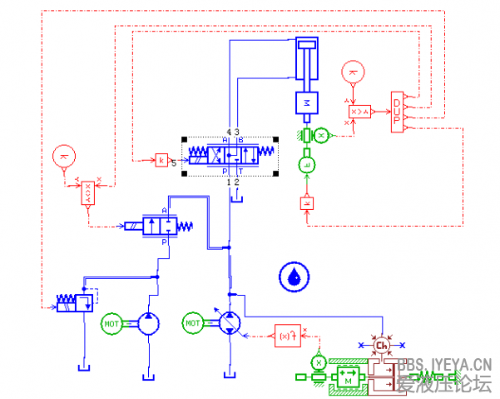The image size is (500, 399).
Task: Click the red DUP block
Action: pyautogui.click(x=398, y=112)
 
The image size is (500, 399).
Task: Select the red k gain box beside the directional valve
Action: pyautogui.click(x=161, y=159)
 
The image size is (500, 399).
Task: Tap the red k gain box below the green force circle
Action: pyautogui.click(x=307, y=202)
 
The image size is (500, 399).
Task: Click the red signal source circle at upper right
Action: pyautogui.click(x=354, y=72)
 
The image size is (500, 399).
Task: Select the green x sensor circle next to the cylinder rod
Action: pyautogui.click(x=324, y=135)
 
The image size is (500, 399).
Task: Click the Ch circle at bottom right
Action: pyautogui.click(x=382, y=346)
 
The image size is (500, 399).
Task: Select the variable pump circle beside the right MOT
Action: pyautogui.click(x=230, y=323)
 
